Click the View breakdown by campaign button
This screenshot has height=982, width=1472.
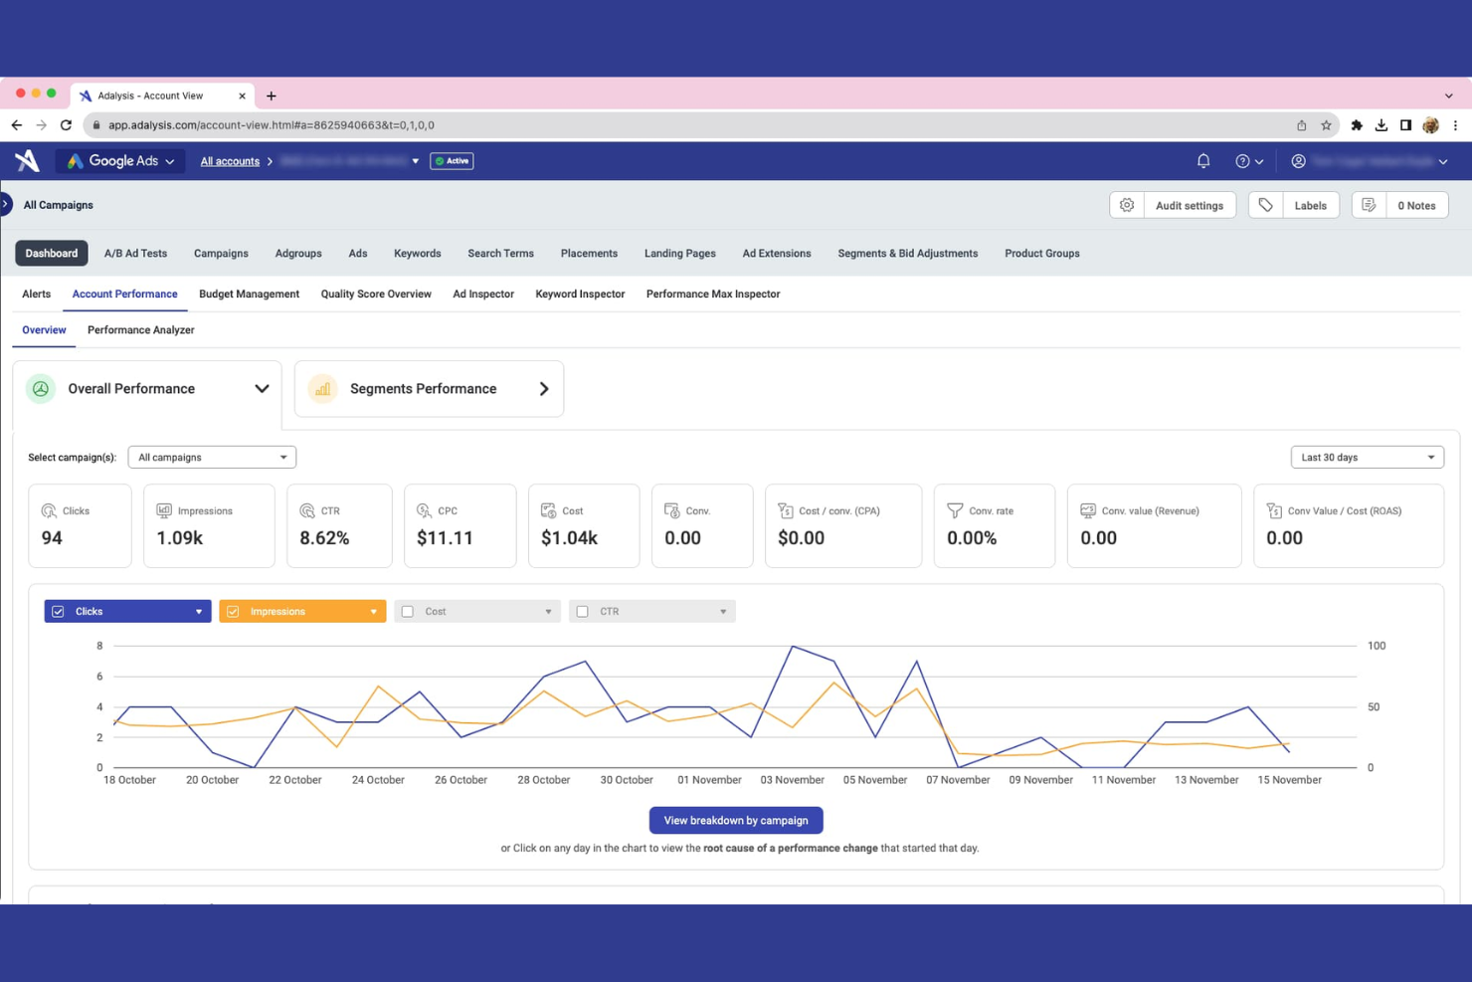[735, 821]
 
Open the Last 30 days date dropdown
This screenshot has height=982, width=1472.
[1367, 458]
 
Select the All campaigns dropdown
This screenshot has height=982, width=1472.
[212, 458]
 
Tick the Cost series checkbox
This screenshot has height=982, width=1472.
[408, 612]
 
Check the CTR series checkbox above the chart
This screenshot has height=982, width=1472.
[583, 612]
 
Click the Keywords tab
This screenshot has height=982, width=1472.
[417, 254]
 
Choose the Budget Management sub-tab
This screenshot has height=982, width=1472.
[249, 295]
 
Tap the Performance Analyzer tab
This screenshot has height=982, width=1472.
[140, 330]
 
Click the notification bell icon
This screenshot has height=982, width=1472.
[1203, 161]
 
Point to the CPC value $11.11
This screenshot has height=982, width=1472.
[445, 538]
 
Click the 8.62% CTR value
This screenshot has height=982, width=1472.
[324, 538]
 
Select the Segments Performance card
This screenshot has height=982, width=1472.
[429, 389]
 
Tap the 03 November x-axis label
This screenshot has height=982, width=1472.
[792, 780]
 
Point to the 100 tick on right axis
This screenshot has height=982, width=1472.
[1377, 646]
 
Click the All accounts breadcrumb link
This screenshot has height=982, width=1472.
[230, 161]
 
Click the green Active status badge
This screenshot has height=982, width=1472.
[452, 161]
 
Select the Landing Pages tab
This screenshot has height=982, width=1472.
[679, 254]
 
